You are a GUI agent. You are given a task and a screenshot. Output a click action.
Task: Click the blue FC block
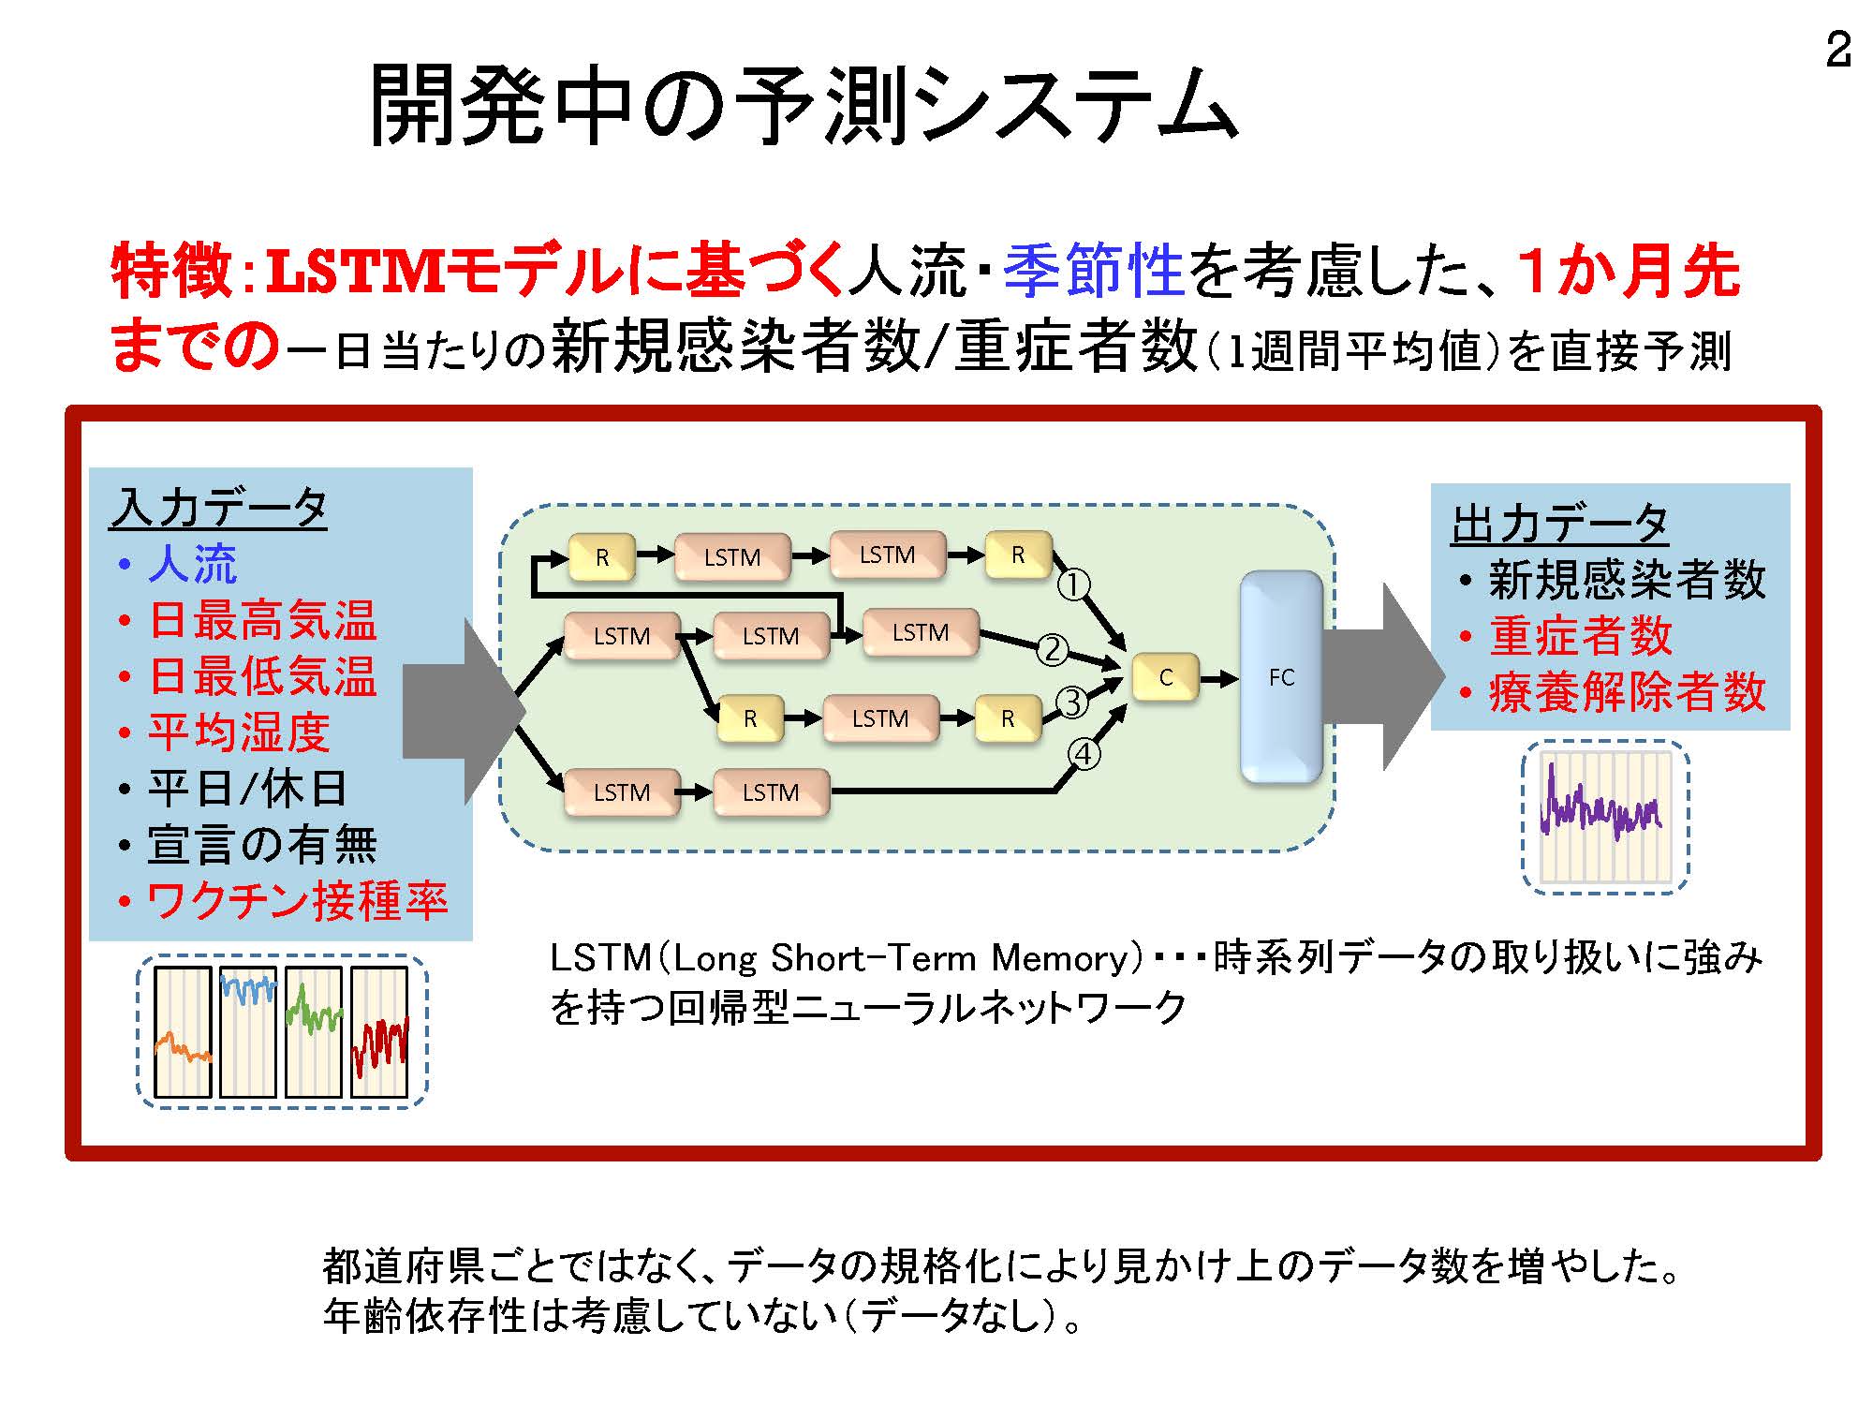[1281, 677]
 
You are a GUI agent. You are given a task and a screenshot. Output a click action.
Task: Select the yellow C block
[1165, 677]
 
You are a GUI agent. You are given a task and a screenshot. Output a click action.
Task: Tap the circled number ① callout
[1073, 585]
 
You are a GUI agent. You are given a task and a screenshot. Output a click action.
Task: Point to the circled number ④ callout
[1084, 753]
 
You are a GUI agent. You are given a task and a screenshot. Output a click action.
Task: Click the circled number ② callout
[1053, 648]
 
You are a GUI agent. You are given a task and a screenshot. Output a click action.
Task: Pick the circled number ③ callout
[1073, 702]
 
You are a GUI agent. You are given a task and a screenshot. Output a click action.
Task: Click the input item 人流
[192, 564]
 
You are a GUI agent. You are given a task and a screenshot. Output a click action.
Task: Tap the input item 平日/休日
[247, 789]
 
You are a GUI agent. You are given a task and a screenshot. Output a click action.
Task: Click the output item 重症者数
[1581, 636]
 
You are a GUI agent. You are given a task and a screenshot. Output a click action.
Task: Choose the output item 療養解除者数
[1627, 692]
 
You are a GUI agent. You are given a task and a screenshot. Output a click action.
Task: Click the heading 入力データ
[218, 509]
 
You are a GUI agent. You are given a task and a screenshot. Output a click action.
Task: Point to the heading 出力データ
[1559, 524]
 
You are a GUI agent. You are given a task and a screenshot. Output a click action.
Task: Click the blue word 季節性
[1094, 271]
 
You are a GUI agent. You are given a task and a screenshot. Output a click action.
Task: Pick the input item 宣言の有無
[262, 845]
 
